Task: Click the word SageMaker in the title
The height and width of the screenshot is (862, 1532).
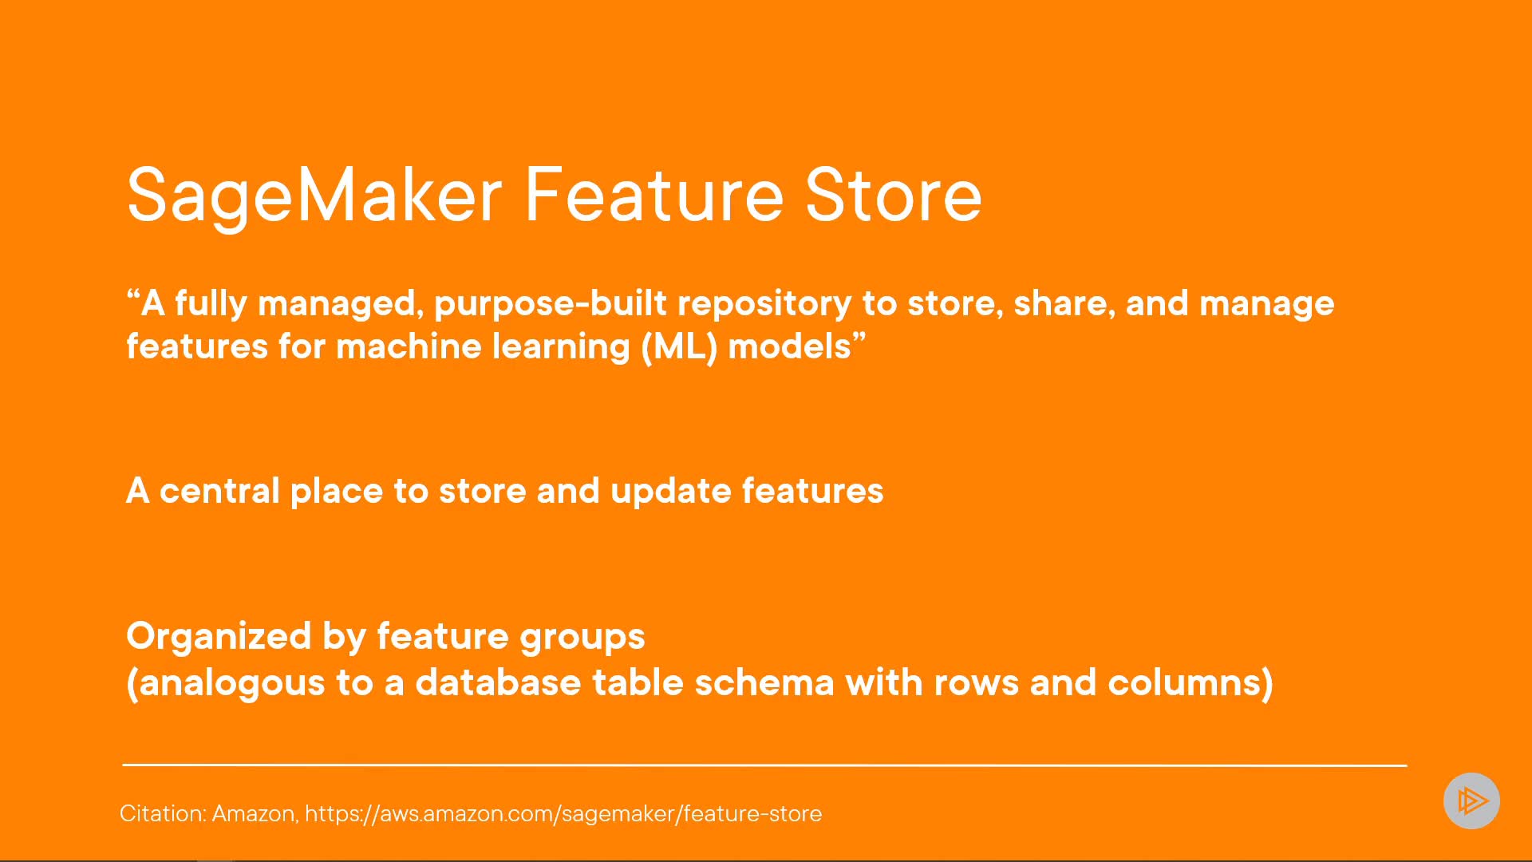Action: pos(314,196)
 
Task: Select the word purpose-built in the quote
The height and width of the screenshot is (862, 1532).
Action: pos(551,304)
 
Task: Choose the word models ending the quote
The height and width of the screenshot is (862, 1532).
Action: pos(790,347)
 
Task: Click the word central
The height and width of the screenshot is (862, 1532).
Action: pos(219,491)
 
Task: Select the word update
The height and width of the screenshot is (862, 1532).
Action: pos(670,492)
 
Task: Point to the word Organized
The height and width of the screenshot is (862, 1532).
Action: pos(219,637)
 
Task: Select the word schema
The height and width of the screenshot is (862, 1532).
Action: pos(764,683)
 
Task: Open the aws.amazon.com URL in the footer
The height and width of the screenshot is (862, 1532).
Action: pos(563,813)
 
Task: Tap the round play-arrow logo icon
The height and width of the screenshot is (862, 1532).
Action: pos(1471,801)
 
